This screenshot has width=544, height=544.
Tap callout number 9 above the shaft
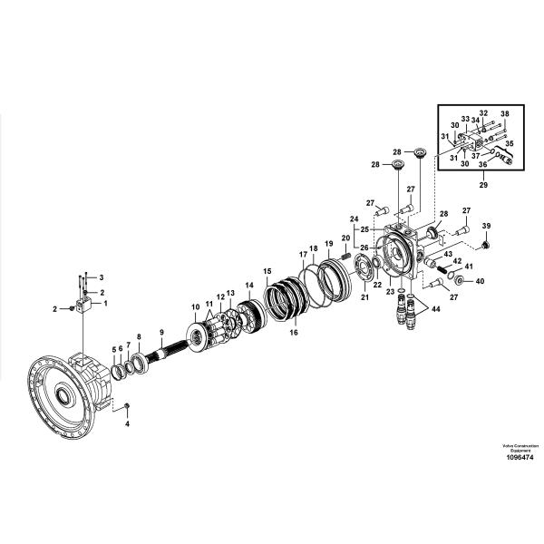coord(161,333)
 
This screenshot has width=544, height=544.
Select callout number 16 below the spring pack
coord(293,333)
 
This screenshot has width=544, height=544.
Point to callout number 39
coord(486,226)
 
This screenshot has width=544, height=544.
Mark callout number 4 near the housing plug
coord(127,423)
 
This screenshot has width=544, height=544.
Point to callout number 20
coord(345,238)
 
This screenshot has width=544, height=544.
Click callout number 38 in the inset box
coord(505,113)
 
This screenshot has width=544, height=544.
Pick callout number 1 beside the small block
coord(104,304)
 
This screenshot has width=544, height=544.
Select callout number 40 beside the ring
coord(480,281)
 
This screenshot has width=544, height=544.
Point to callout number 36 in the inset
coord(482,165)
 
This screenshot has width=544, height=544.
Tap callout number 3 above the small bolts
coord(101,277)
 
